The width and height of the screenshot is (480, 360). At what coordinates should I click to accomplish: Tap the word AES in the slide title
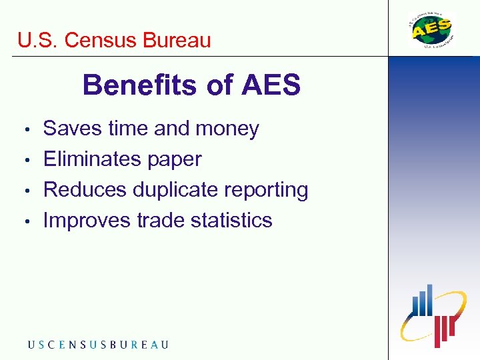[271, 85]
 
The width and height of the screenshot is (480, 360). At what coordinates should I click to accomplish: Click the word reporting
[267, 191]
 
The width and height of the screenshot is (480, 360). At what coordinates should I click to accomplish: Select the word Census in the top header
[101, 40]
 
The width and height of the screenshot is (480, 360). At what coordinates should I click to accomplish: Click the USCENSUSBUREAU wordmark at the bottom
[98, 345]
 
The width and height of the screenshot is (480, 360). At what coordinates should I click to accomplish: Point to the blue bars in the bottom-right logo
[422, 302]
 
